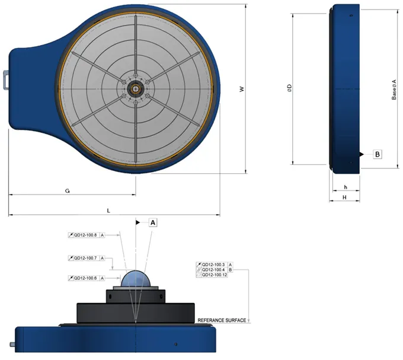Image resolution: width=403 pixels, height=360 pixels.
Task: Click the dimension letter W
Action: tap(241, 89)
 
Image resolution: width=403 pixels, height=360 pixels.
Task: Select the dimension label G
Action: tap(68, 191)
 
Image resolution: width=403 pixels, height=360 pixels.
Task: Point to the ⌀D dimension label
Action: tap(289, 89)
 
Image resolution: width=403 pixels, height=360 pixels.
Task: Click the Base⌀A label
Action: tap(394, 89)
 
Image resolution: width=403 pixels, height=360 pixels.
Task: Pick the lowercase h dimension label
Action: tap(345, 187)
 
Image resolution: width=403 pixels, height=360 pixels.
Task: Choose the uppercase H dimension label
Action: tap(345, 197)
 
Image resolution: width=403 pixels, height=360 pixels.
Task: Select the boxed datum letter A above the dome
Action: tap(153, 222)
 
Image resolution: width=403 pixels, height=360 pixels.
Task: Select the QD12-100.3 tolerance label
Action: tap(214, 264)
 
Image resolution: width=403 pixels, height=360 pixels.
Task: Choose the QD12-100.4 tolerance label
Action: tap(214, 270)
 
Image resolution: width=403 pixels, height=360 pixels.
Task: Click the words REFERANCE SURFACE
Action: tap(222, 320)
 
